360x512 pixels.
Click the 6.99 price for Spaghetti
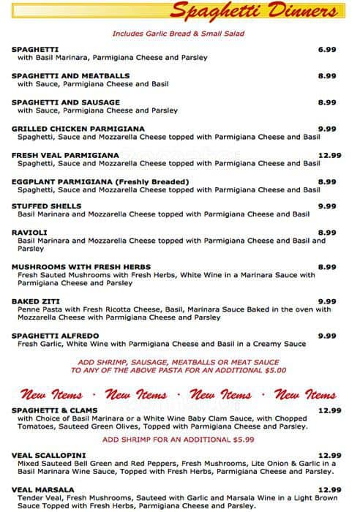tap(326, 49)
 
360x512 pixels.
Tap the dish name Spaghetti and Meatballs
tap(70, 75)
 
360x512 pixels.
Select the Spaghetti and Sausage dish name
tap(66, 102)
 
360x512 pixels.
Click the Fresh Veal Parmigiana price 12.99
tap(329, 155)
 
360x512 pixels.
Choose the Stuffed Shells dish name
tap(47, 206)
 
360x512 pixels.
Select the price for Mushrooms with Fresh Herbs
tap(326, 266)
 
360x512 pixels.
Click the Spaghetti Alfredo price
tap(326, 336)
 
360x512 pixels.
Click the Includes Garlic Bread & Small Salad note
tap(179, 34)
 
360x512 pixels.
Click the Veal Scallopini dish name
tap(46, 455)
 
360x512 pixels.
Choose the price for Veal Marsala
tap(329, 490)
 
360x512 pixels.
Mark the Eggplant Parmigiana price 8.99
tap(326, 181)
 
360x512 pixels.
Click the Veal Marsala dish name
tap(42, 490)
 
